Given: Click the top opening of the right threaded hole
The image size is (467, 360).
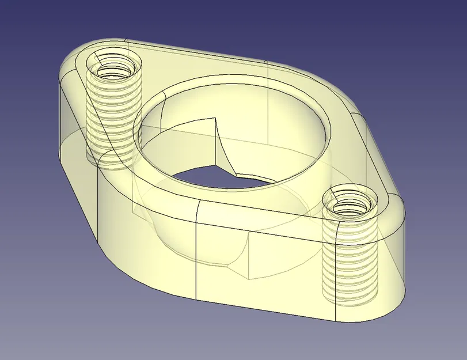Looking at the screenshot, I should (351, 203).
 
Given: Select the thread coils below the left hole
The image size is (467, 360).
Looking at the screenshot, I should (113, 115).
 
